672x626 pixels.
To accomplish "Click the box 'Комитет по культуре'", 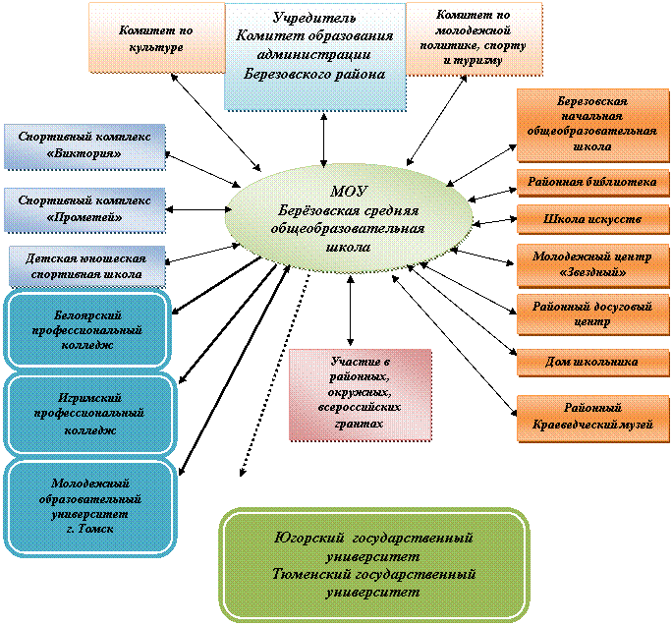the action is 157,37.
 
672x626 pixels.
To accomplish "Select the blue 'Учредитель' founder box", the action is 315,57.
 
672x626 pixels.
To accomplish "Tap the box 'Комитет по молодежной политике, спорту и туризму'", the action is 474,39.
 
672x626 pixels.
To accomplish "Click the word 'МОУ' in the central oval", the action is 349,192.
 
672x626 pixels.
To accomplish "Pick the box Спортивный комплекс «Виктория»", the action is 84,146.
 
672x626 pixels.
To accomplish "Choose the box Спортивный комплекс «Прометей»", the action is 84,210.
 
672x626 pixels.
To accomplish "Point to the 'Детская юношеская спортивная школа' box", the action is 87,266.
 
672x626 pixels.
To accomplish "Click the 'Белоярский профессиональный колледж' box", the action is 87,330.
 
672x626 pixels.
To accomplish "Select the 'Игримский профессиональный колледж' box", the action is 90,414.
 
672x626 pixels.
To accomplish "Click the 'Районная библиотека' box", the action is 593,182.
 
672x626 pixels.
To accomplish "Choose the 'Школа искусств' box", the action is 593,219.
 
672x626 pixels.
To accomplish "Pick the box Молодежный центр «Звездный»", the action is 593,265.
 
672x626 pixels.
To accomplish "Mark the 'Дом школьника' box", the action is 593,363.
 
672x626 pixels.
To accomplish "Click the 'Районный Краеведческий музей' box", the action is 593,418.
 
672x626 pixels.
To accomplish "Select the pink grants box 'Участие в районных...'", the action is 361,395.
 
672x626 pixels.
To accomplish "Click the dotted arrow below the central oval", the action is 275,373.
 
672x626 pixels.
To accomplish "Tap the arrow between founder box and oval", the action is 324,140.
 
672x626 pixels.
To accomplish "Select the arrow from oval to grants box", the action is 351,311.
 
